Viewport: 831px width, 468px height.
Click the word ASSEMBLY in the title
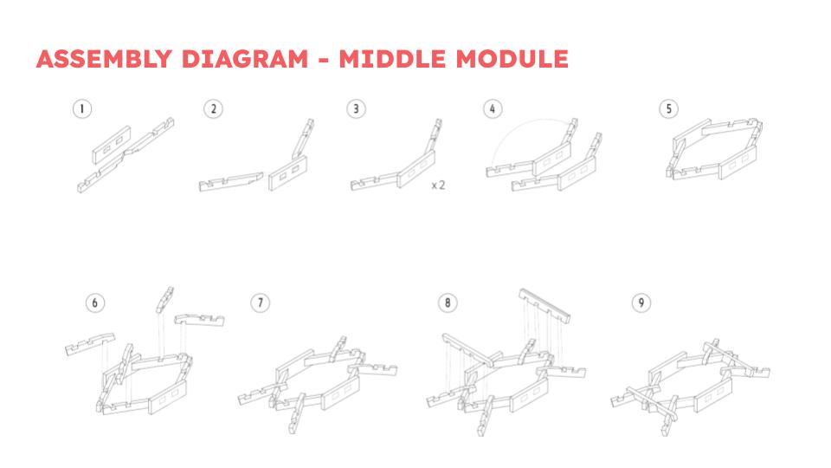(105, 59)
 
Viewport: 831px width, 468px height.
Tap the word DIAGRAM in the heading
(244, 59)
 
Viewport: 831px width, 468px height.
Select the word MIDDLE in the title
(393, 59)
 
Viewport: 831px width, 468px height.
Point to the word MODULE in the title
(512, 59)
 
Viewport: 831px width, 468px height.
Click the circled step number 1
(82, 109)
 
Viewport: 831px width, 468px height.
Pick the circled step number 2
(213, 109)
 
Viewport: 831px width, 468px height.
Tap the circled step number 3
(356, 109)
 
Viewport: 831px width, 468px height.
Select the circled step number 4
(493, 109)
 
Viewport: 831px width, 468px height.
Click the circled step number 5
(669, 109)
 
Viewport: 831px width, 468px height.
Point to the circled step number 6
(95, 302)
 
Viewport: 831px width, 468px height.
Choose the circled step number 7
(261, 302)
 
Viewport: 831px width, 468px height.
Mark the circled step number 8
(448, 302)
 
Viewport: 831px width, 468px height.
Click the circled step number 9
(641, 302)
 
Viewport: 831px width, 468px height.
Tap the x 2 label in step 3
(438, 185)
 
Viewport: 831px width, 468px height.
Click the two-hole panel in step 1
(112, 145)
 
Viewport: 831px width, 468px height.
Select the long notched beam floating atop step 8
(544, 305)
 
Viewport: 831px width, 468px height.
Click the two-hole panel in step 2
(287, 173)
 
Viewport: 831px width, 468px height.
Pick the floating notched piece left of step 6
(90, 344)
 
